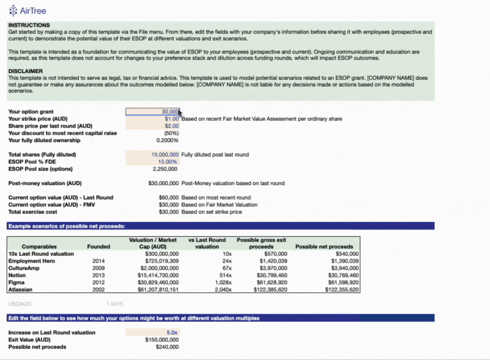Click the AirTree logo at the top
coord(28,10)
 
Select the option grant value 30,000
coord(169,111)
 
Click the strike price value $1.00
coord(171,119)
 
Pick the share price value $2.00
coord(171,126)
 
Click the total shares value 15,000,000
coord(165,154)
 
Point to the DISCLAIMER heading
coord(26,71)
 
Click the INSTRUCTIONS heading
coord(29,25)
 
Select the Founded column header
coord(99,246)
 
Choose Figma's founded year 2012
coord(99,282)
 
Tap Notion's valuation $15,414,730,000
coord(157,275)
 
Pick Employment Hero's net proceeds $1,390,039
coord(345,261)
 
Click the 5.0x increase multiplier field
coord(172,332)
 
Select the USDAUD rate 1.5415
coord(115,304)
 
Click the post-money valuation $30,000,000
coord(163,183)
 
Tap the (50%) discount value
coord(171,133)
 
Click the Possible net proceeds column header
coord(324,246)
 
